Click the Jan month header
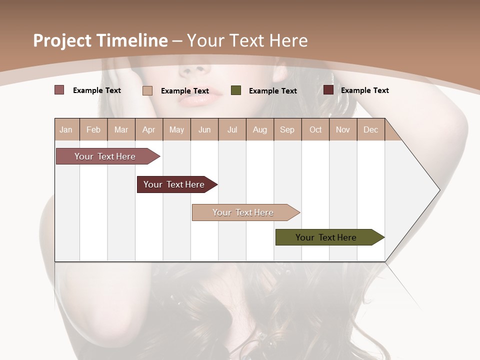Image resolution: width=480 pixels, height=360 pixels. [x=66, y=129]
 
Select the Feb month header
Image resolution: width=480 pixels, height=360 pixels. [x=93, y=129]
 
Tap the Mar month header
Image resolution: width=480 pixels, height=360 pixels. [x=121, y=129]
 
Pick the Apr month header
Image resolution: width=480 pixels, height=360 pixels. [x=149, y=129]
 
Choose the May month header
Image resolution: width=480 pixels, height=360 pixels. [x=176, y=129]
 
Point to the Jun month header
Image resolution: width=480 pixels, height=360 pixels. [x=204, y=129]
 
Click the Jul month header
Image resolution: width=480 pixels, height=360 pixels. [x=232, y=129]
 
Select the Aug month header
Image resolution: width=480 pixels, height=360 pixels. [x=260, y=129]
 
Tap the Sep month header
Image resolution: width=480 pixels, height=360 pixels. [x=287, y=129]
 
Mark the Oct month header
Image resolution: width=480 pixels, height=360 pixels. [x=315, y=129]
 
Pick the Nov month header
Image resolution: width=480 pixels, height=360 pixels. [x=343, y=129]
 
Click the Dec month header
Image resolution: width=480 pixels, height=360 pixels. [x=371, y=129]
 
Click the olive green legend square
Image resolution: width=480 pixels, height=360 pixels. [x=236, y=90]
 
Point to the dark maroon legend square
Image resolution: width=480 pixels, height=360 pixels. [x=328, y=90]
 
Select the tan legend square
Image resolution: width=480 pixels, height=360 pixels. [x=147, y=90]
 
